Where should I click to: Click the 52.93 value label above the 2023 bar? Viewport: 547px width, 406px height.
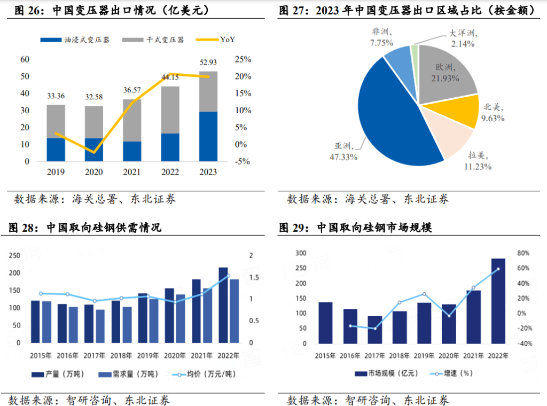coord(208,63)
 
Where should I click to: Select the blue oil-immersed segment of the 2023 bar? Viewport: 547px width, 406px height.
coord(208,136)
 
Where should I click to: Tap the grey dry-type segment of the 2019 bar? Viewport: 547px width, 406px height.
coord(56,121)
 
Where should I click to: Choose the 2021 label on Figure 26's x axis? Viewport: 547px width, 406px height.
coord(132,172)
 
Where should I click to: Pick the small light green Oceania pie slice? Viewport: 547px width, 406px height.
coord(415,51)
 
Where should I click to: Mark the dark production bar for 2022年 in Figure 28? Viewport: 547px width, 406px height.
coord(223,305)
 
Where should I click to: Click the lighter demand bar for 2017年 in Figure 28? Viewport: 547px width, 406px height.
coord(100,326)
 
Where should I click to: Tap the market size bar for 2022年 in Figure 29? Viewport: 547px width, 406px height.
coord(498,301)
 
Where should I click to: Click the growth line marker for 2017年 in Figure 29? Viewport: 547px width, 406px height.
coord(375,328)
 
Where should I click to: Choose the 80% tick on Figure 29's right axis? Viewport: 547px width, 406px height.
coord(522,253)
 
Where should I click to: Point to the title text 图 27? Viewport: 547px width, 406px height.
coord(293,11)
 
